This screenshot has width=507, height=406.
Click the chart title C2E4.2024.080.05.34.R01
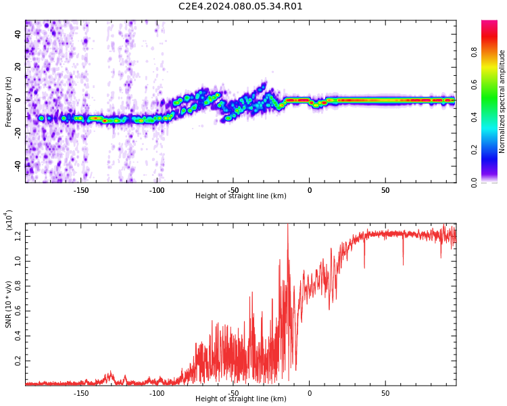tap(240, 7)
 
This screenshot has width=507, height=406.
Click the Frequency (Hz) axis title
tap(8, 101)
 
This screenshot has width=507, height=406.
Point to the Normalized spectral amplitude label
tap(502, 101)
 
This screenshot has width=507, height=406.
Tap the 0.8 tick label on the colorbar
tap(474, 52)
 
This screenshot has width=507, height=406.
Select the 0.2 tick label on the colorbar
tap(474, 150)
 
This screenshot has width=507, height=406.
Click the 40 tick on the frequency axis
tap(18, 34)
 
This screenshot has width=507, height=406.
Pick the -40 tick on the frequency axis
tap(18, 166)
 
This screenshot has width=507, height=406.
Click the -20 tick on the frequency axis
tap(18, 133)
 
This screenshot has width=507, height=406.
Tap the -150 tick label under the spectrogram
tap(81, 190)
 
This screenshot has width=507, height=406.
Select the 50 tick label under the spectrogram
tap(385, 190)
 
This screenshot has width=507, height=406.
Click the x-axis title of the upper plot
tap(241, 196)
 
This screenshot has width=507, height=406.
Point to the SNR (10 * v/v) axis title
tap(8, 304)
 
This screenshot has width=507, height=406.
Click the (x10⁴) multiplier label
tap(9, 220)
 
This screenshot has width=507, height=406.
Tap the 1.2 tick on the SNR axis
tap(18, 237)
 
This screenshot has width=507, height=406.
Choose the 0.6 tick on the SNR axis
tap(18, 311)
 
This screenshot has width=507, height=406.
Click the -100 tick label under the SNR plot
tap(157, 393)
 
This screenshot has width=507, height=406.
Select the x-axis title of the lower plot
tap(241, 399)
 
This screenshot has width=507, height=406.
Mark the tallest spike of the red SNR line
tap(287, 224)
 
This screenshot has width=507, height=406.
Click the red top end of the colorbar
tap(489, 22)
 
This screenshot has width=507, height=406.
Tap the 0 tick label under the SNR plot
tap(310, 393)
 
